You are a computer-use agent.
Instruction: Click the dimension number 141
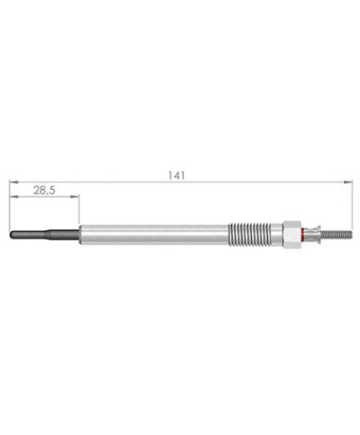pyautogui.click(x=176, y=176)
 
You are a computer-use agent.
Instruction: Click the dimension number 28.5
pyautogui.click(x=44, y=191)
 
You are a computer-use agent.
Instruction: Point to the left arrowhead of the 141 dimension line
pyautogui.click(x=13, y=182)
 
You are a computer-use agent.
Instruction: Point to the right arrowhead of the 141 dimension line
pyautogui.click(x=348, y=182)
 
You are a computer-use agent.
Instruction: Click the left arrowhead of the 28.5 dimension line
pyautogui.click(x=13, y=197)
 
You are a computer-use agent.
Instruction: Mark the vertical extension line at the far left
pyautogui.click(x=9, y=205)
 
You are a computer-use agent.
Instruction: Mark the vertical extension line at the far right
pyautogui.click(x=352, y=205)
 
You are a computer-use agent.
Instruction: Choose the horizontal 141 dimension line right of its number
pyautogui.click(x=268, y=182)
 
